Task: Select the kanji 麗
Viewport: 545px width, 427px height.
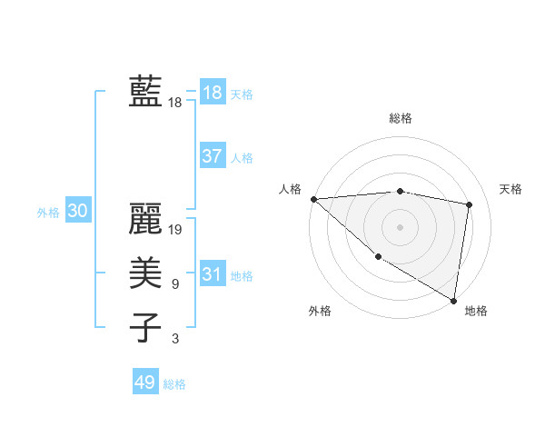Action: pyautogui.click(x=145, y=218)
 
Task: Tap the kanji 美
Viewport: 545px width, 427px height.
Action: pyautogui.click(x=145, y=272)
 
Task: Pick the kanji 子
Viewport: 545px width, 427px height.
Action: pyautogui.click(x=145, y=326)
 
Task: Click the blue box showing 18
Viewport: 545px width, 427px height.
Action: pyautogui.click(x=213, y=93)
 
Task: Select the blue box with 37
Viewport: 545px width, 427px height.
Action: pyautogui.click(x=213, y=156)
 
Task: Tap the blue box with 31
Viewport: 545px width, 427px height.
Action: pyautogui.click(x=213, y=274)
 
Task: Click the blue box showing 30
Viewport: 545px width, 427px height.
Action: pyautogui.click(x=77, y=212)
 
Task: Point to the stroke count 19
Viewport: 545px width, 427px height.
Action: pyautogui.click(x=176, y=230)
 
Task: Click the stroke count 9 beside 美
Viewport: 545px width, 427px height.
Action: pyautogui.click(x=174, y=284)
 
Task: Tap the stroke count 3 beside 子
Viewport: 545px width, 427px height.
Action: pyautogui.click(x=174, y=339)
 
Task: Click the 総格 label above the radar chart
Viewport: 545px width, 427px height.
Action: pyautogui.click(x=401, y=118)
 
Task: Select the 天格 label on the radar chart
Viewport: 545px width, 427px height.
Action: pyautogui.click(x=511, y=189)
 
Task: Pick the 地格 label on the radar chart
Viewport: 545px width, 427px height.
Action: pyautogui.click(x=476, y=311)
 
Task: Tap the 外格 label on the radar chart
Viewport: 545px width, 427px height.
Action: pyautogui.click(x=320, y=311)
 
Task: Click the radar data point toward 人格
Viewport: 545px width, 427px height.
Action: pyautogui.click(x=313, y=199)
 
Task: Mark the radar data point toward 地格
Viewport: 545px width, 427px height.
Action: pyautogui.click(x=452, y=300)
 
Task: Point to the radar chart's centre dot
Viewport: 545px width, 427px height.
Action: pyautogui.click(x=400, y=226)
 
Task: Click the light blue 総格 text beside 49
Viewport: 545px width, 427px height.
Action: pyautogui.click(x=174, y=384)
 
